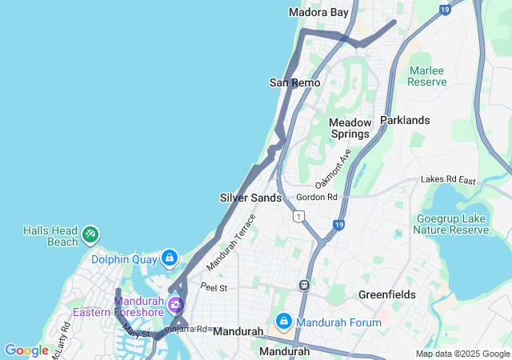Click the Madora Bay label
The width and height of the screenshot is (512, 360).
point(318,12)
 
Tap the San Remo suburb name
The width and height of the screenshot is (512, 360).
point(294,82)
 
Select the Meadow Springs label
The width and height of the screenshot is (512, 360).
point(350,128)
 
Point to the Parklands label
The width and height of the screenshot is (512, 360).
point(405,120)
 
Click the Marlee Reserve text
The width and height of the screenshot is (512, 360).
point(426,75)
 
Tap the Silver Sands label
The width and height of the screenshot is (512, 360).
point(250,198)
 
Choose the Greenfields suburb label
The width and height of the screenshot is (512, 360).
point(386,294)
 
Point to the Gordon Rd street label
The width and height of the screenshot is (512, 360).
point(317,197)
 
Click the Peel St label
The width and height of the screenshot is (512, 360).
point(214,287)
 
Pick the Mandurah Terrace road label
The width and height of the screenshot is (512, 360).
point(231,241)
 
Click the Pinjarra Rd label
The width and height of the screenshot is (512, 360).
point(186,329)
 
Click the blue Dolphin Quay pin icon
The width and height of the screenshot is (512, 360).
point(170,258)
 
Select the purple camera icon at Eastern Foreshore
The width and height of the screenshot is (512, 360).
point(175,304)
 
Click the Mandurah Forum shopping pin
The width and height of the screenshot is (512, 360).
point(283,322)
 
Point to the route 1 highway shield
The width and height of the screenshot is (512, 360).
point(299,216)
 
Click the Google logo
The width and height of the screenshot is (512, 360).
point(26,350)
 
